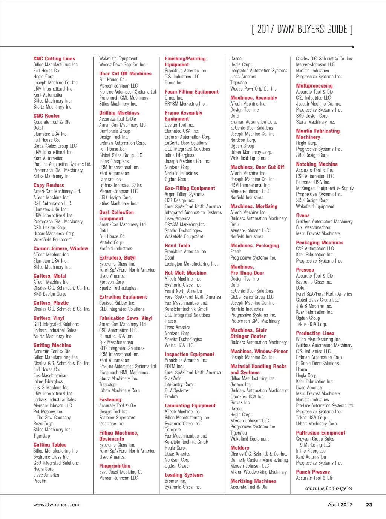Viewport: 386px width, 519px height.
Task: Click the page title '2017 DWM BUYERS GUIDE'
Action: click(x=302, y=29)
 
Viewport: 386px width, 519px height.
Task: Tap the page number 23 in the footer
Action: click(x=369, y=505)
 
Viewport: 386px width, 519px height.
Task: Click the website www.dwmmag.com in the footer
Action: click(x=56, y=505)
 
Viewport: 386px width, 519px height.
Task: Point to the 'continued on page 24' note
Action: click(x=328, y=488)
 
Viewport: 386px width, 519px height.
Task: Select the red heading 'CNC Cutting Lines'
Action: click(x=54, y=58)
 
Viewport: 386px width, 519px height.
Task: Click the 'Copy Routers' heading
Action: click(x=49, y=185)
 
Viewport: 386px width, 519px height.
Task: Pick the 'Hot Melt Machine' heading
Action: click(x=185, y=273)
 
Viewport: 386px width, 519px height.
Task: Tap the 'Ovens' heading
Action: click(x=303, y=215)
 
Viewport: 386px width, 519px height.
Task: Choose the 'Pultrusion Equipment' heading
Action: click(x=320, y=433)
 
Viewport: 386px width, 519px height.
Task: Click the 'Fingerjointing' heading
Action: click(x=115, y=466)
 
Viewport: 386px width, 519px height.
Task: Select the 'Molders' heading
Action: click(x=240, y=448)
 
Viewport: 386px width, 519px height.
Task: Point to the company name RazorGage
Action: click(x=43, y=424)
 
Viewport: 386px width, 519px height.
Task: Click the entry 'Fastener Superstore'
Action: click(x=117, y=418)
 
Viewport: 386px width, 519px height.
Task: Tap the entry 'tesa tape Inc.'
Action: click(x=111, y=424)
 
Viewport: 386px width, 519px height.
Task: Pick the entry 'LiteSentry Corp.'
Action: click(x=179, y=384)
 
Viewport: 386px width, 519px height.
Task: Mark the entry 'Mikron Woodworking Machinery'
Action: click(x=259, y=472)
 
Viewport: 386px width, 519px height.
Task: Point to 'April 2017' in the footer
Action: click(x=340, y=505)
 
